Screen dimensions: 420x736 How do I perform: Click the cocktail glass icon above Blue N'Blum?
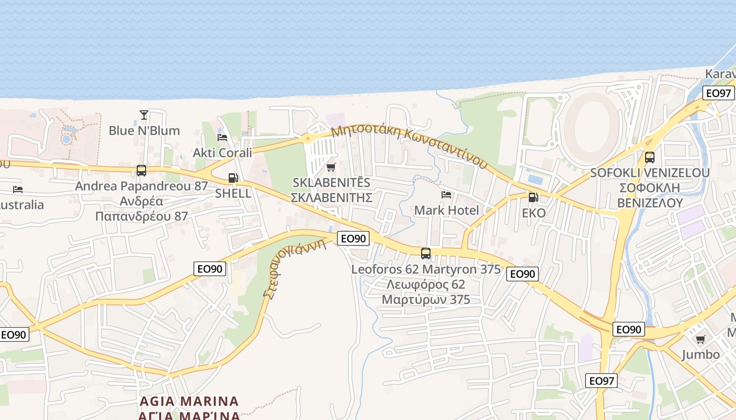click(x=144, y=114)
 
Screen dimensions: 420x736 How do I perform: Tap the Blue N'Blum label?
click(x=144, y=130)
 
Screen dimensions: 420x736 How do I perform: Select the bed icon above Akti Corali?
click(x=222, y=138)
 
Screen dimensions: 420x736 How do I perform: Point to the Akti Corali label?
click(x=222, y=153)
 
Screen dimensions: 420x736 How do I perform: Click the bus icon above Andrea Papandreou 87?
click(x=141, y=170)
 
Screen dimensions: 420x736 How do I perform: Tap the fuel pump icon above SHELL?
click(x=233, y=178)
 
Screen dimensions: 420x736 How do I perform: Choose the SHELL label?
click(x=233, y=193)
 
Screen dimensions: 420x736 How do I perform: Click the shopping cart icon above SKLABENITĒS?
click(x=331, y=167)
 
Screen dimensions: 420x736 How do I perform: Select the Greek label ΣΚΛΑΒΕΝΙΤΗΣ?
click(x=331, y=198)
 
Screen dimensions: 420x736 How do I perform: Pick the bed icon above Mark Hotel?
click(x=446, y=195)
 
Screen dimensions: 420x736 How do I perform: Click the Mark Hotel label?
click(x=446, y=211)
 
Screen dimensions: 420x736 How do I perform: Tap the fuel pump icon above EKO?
click(x=534, y=197)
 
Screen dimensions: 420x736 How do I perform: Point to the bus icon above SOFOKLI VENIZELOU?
click(x=650, y=157)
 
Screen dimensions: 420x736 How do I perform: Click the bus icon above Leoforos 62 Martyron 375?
click(x=426, y=254)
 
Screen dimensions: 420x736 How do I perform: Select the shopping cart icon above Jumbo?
click(x=700, y=339)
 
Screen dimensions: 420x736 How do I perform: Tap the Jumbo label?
click(x=700, y=355)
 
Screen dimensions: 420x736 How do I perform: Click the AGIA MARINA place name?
click(x=189, y=402)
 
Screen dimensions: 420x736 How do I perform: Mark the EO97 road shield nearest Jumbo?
click(x=601, y=381)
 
